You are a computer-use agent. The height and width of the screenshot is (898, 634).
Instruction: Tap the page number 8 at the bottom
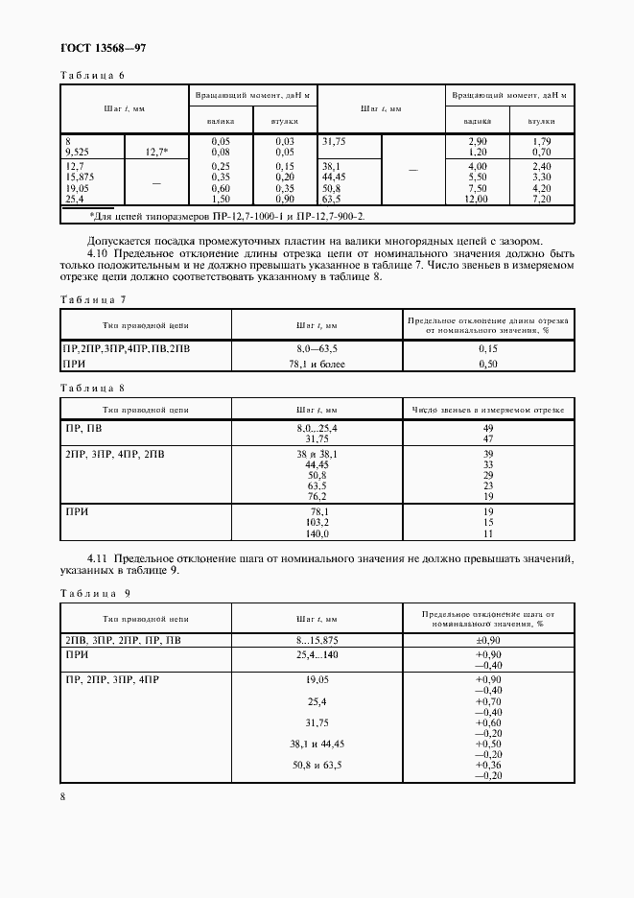(x=62, y=796)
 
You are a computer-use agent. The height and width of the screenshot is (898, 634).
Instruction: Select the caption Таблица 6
(x=93, y=75)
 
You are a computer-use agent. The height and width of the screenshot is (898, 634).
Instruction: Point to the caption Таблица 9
(x=94, y=593)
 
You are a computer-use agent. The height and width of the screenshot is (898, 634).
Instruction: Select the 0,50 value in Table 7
(x=486, y=365)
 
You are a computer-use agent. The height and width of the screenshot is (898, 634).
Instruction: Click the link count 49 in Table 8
(x=487, y=427)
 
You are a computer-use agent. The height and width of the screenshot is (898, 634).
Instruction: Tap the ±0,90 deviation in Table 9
(x=489, y=640)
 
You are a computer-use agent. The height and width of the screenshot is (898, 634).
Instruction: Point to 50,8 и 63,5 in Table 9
(x=317, y=765)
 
